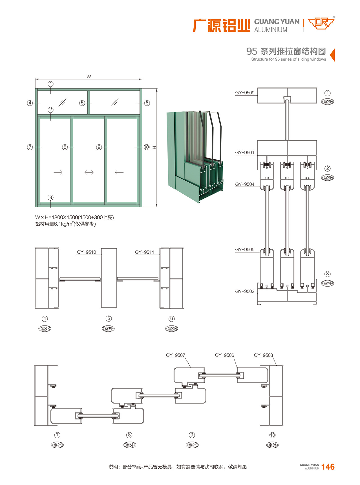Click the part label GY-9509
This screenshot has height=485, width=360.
click(245, 93)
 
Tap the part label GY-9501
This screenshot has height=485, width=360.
click(245, 153)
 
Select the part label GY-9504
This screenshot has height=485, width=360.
click(245, 184)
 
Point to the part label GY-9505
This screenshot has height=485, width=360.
click(245, 250)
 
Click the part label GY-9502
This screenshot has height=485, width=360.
click(245, 291)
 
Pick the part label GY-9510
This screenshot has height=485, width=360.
click(87, 252)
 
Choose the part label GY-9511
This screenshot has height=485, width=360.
click(145, 252)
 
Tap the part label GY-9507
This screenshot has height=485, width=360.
click(176, 355)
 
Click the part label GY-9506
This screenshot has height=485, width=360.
click(224, 355)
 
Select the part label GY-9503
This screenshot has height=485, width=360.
click(263, 355)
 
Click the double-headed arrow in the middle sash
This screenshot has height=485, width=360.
click(89, 172)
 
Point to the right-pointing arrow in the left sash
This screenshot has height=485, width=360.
click(58, 172)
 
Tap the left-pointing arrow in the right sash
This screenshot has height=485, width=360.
click(119, 172)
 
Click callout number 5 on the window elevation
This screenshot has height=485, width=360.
click(82, 103)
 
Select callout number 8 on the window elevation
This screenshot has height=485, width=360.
click(65, 147)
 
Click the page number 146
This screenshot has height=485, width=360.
click(328, 467)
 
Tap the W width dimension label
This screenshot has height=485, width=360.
click(89, 77)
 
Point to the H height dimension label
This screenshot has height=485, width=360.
click(154, 147)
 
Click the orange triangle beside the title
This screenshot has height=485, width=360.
click(332, 55)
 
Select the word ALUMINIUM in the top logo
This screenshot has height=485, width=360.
click(271, 30)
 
